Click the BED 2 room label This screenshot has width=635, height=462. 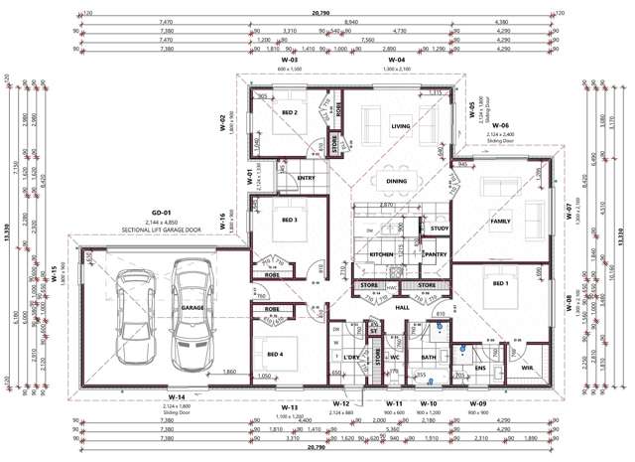(289, 113)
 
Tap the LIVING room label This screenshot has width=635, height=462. (400, 126)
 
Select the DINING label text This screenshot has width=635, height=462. (396, 181)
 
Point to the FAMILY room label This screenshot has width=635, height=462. (501, 222)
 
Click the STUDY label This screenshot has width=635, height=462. (440, 230)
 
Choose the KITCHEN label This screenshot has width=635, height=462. (383, 255)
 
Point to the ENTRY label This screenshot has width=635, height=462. (306, 179)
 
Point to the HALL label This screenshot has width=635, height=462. (403, 308)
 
